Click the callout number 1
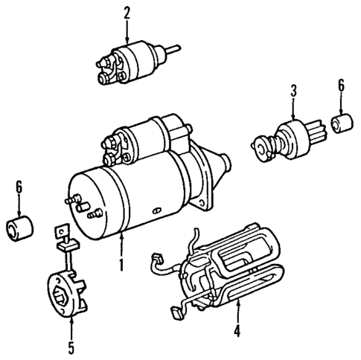pyautogui.click(x=120, y=263)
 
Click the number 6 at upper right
pyautogui.click(x=342, y=86)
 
